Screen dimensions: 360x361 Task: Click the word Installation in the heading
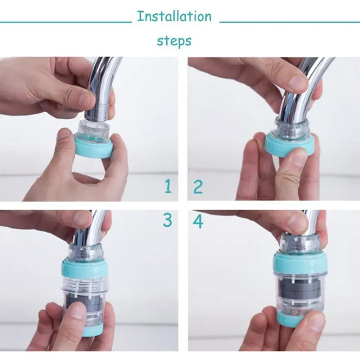pos(174,17)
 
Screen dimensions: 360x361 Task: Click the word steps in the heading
pos(174,41)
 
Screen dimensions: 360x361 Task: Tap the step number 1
pos(168,186)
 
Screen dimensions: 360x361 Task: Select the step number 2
pos(198,187)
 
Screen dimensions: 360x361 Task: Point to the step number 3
pos(167,220)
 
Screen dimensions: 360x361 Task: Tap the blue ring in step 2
pos(289,145)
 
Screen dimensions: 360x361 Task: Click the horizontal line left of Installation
pos(66,22)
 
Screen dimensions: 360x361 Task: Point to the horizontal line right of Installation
pos(290,22)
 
